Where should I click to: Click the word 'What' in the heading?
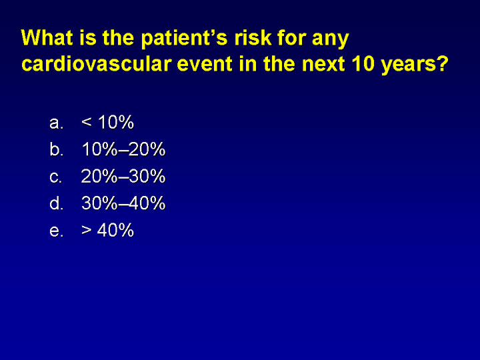pyautogui.click(x=47, y=37)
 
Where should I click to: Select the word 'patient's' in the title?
pyautogui.click(x=184, y=39)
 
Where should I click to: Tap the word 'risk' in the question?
pyautogui.click(x=253, y=37)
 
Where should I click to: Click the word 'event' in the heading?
pyautogui.click(x=205, y=64)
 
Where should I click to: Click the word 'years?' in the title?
pyautogui.click(x=415, y=65)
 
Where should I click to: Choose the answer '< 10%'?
pyautogui.click(x=108, y=122)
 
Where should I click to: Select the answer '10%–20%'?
pyautogui.click(x=123, y=149)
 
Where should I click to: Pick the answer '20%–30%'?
pyautogui.click(x=123, y=176)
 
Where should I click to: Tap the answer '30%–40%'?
pyautogui.click(x=123, y=203)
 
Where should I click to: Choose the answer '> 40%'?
pyautogui.click(x=108, y=230)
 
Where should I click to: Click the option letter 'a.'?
pyautogui.click(x=56, y=123)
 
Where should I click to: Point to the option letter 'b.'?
pyautogui.click(x=56, y=149)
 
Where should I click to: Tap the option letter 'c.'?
pyautogui.click(x=56, y=177)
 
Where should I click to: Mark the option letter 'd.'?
pyautogui.click(x=56, y=203)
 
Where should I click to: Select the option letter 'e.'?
pyautogui.click(x=56, y=231)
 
